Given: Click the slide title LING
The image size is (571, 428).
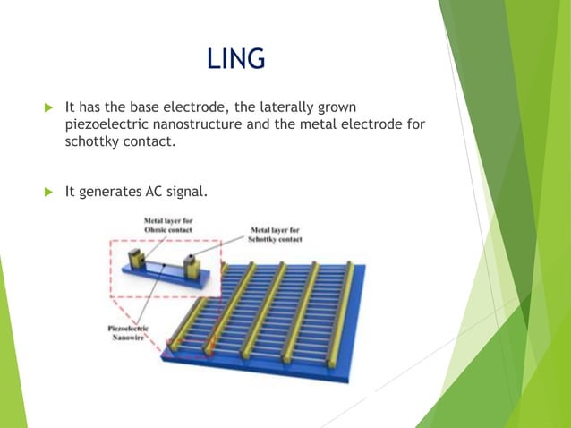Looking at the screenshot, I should [x=235, y=59].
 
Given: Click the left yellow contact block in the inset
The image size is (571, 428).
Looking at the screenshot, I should [x=137, y=260].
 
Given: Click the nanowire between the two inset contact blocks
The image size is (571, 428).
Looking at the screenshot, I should [x=163, y=269].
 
